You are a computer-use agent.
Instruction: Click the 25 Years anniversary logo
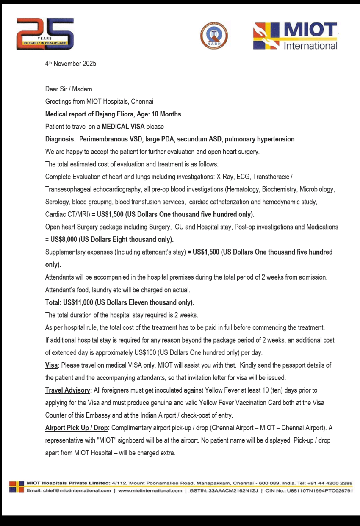point(45,34)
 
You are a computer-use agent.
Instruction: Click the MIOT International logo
point(295,36)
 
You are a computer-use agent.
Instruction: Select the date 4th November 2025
point(71,64)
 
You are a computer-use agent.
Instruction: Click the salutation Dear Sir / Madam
point(69,89)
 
